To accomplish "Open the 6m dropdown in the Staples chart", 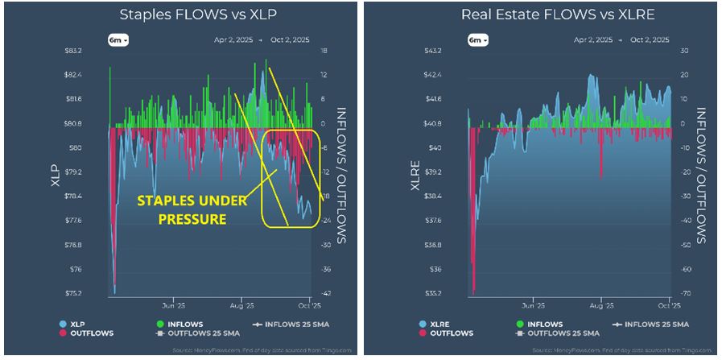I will [x=118, y=39].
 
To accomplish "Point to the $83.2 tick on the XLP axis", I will [x=96, y=51].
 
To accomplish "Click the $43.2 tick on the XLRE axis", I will [x=456, y=51].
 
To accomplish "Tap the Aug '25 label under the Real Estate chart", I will [x=601, y=306].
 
